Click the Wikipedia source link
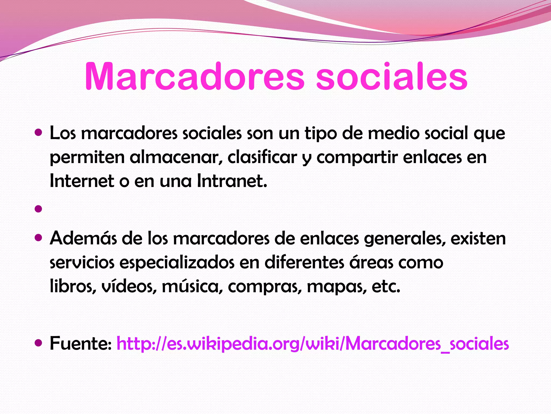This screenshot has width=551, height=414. tap(312, 344)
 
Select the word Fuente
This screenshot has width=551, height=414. tap(80, 344)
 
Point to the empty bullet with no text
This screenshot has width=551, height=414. tap(38, 209)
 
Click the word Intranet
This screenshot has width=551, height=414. tap(232, 181)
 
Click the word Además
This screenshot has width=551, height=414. tap(83, 238)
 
